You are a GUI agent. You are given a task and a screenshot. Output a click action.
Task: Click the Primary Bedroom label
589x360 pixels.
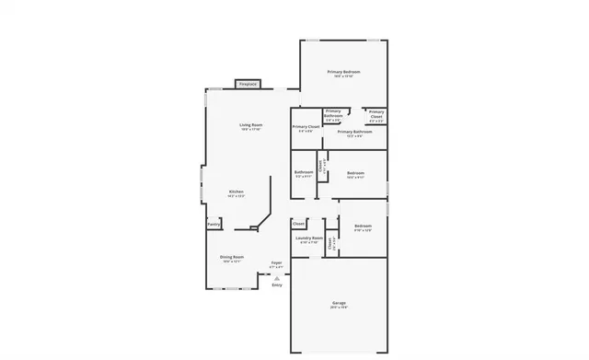coord(343,71)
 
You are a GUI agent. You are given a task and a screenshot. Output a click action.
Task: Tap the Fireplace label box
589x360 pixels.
coord(248,84)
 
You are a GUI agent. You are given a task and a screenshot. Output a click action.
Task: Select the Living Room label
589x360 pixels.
coord(251,124)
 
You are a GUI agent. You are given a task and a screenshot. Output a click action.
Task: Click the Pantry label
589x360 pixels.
coord(213,224)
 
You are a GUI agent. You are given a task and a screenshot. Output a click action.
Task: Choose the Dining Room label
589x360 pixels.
coord(232,257)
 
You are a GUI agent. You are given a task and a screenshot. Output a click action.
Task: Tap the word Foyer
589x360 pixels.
coord(276,263)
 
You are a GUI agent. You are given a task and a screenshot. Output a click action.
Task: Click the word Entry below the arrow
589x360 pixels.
coord(277,285)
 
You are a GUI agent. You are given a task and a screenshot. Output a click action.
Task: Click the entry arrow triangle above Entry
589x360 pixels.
coord(277,277)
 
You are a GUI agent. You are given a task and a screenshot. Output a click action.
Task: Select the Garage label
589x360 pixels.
coord(339,303)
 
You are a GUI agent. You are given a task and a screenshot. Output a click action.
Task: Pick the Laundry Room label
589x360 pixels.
coord(309,238)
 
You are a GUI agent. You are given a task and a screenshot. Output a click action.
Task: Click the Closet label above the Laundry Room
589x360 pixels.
coord(298,224)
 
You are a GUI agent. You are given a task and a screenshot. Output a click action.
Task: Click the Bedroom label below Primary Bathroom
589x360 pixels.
coord(355,172)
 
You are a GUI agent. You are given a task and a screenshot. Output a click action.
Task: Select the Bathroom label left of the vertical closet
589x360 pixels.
coord(304,171)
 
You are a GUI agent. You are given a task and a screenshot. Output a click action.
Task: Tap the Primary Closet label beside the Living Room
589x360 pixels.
coord(306,126)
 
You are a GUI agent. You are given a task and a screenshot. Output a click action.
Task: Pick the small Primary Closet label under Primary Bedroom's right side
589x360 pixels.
coord(376,114)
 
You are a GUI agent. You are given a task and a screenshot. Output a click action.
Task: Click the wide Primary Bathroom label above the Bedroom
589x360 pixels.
coord(354,132)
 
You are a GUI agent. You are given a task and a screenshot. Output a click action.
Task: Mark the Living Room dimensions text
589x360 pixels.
coord(251,130)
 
